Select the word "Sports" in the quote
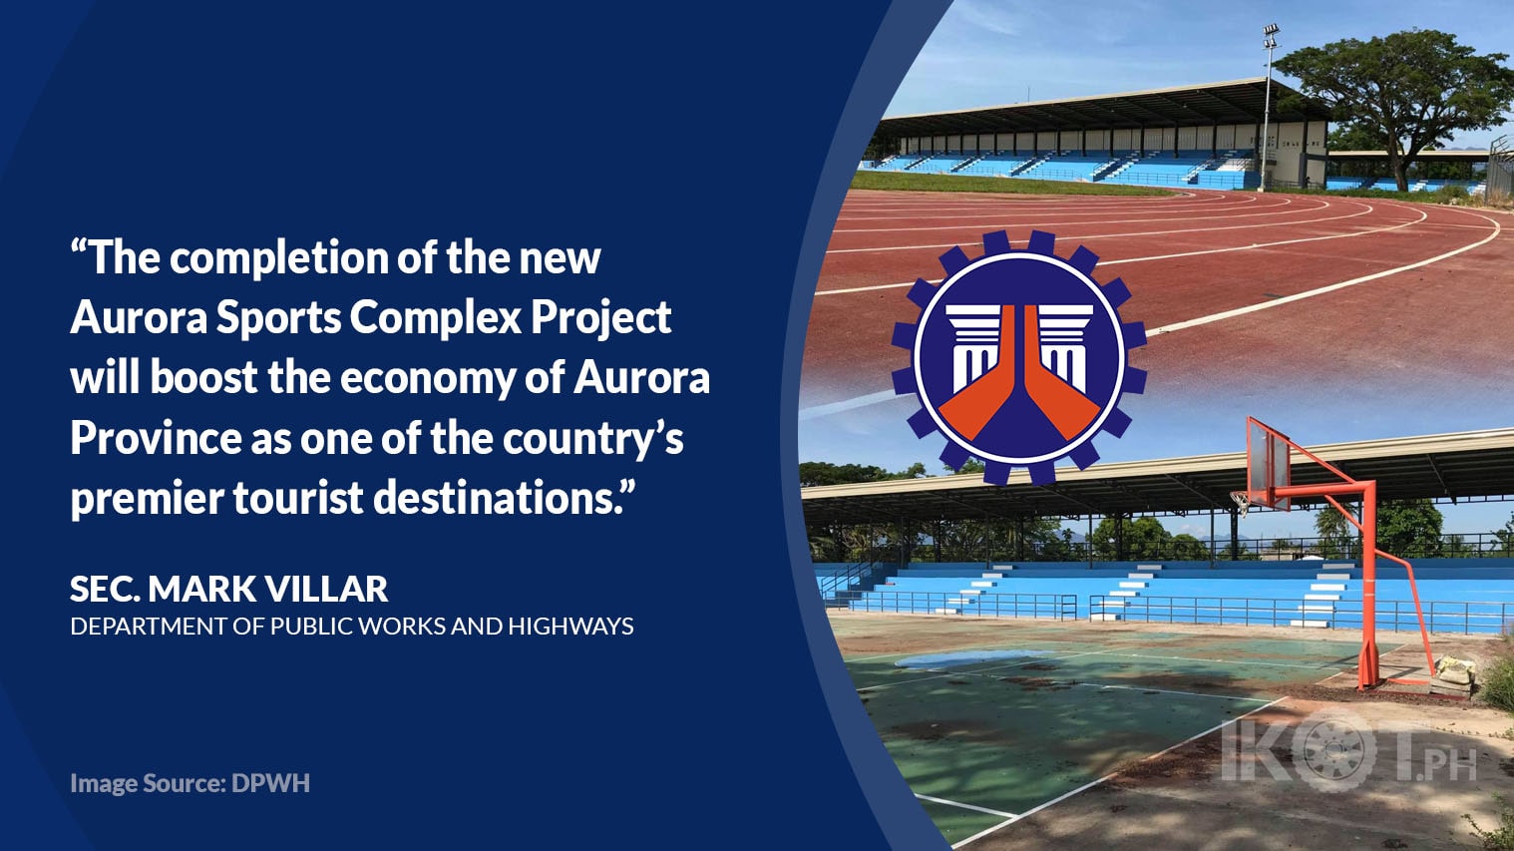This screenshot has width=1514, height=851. click(x=279, y=317)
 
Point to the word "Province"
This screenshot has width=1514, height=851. click(x=156, y=438)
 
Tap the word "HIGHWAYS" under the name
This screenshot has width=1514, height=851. click(x=571, y=627)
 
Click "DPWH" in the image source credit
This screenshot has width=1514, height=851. click(x=270, y=783)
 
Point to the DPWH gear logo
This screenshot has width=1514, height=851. click(x=1018, y=357)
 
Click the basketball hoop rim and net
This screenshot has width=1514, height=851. click(x=1241, y=501)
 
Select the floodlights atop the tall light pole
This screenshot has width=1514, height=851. click(x=1271, y=34)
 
